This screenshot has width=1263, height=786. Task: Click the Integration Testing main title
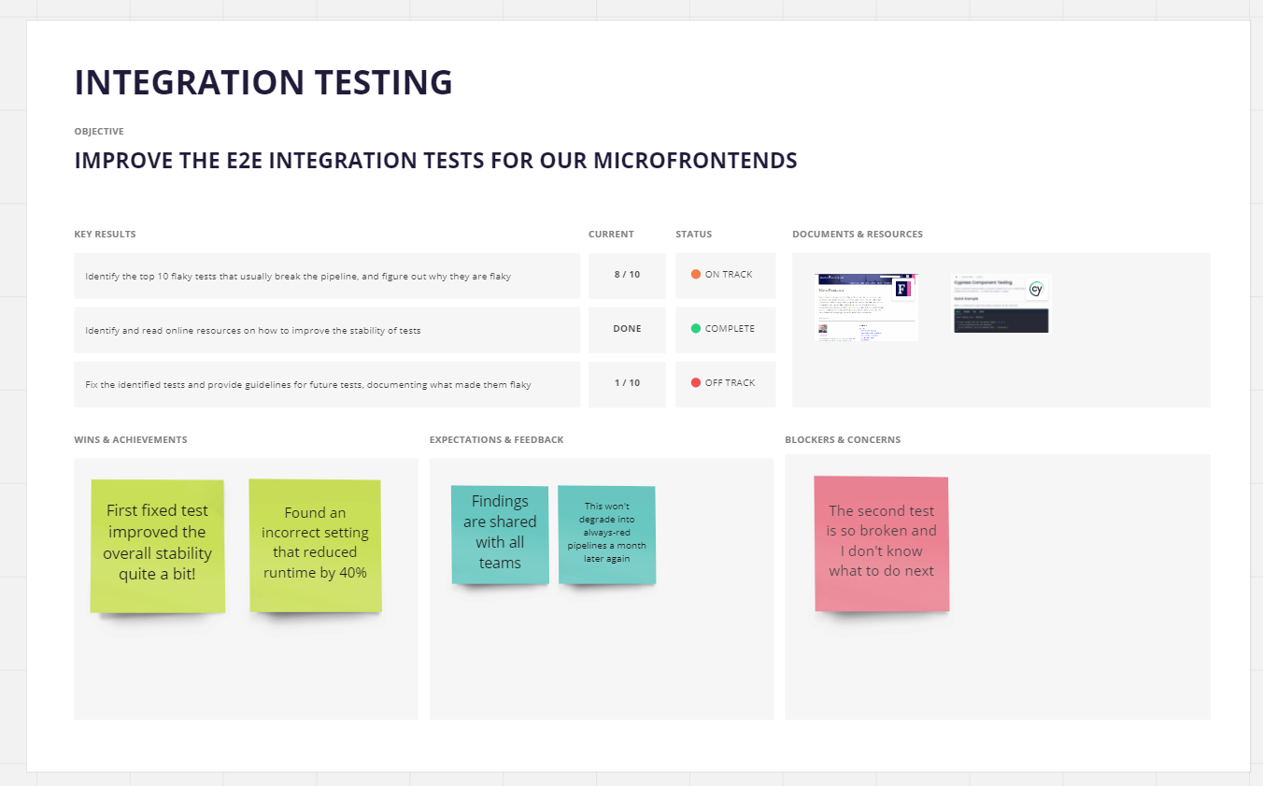[263, 82]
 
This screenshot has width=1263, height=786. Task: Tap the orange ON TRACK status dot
[696, 275]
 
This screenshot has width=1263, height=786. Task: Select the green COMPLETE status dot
[696, 329]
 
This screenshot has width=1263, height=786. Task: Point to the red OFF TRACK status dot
[696, 383]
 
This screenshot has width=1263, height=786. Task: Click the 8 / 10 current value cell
[627, 275]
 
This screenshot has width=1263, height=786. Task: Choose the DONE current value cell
[627, 329]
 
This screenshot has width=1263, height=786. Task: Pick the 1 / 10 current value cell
[627, 383]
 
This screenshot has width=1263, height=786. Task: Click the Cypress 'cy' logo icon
[1035, 290]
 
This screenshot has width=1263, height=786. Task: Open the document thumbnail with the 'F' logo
[867, 307]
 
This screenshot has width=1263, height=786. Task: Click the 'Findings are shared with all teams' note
[500, 533]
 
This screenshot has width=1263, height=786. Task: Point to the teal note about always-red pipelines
[607, 533]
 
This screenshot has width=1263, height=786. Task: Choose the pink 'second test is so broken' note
[882, 541]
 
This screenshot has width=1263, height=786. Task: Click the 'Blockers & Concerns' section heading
[843, 440]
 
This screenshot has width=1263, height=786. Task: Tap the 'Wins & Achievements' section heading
[131, 440]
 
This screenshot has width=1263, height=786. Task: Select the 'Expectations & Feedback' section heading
[496, 440]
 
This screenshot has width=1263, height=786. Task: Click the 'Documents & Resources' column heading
[857, 235]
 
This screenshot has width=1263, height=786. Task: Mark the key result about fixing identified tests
[308, 385]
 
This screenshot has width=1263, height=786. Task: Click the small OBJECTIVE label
[99, 132]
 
